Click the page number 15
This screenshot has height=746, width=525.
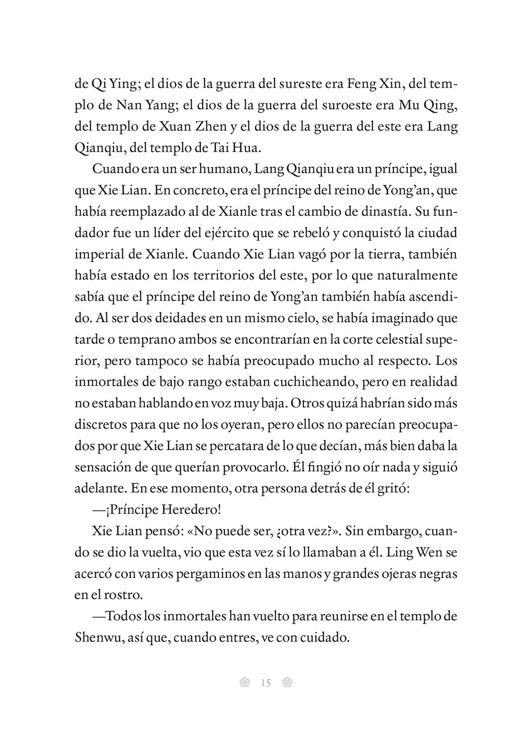(265, 683)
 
